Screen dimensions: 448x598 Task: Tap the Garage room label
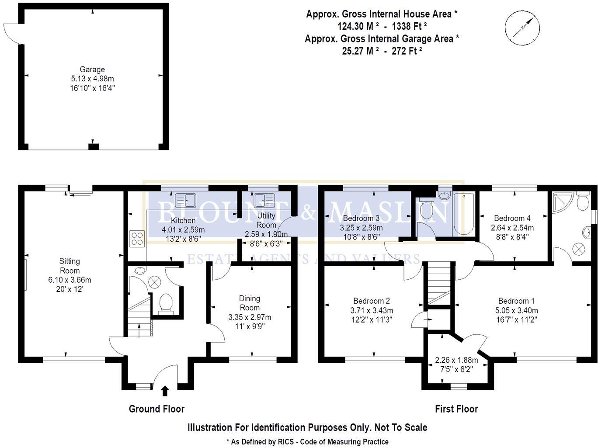pos(92,69)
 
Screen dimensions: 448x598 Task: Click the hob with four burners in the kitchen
pos(137,238)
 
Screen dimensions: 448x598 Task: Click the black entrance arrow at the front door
pos(165,390)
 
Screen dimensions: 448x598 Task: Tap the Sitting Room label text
pos(70,266)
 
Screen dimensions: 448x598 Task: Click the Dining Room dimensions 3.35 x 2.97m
pos(250,317)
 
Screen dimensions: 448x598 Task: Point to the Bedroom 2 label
pos(372,301)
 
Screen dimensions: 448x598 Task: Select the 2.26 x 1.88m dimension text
pos(456,361)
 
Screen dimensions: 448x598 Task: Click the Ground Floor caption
pos(156,409)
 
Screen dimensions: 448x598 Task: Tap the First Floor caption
pos(456,409)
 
